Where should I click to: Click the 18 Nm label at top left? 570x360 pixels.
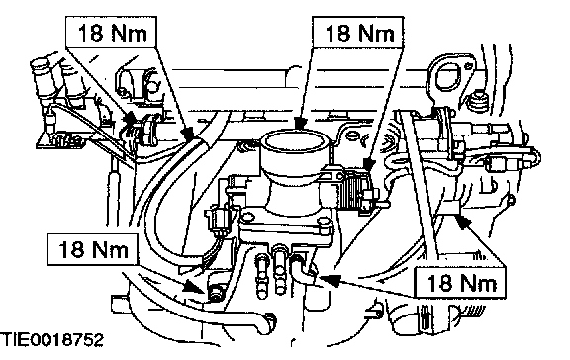tap(111, 33)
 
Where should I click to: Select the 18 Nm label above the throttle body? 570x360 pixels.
tap(359, 33)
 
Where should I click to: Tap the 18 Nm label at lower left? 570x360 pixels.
tap(93, 249)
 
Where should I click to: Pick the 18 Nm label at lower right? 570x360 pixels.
tap(460, 283)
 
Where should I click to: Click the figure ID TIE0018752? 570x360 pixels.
tap(52, 340)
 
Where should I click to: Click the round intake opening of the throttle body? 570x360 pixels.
tap(294, 142)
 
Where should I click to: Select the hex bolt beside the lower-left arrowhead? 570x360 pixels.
tap(216, 292)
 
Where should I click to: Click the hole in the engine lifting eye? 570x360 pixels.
tap(450, 76)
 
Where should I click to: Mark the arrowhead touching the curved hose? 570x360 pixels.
tap(189, 135)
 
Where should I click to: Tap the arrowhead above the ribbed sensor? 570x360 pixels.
tap(368, 164)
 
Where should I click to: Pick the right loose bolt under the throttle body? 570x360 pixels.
tap(279, 270)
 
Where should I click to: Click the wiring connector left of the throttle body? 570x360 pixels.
tap(219, 219)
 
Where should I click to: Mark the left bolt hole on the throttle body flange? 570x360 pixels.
tap(248, 217)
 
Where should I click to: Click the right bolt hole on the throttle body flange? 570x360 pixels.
tap(322, 222)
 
